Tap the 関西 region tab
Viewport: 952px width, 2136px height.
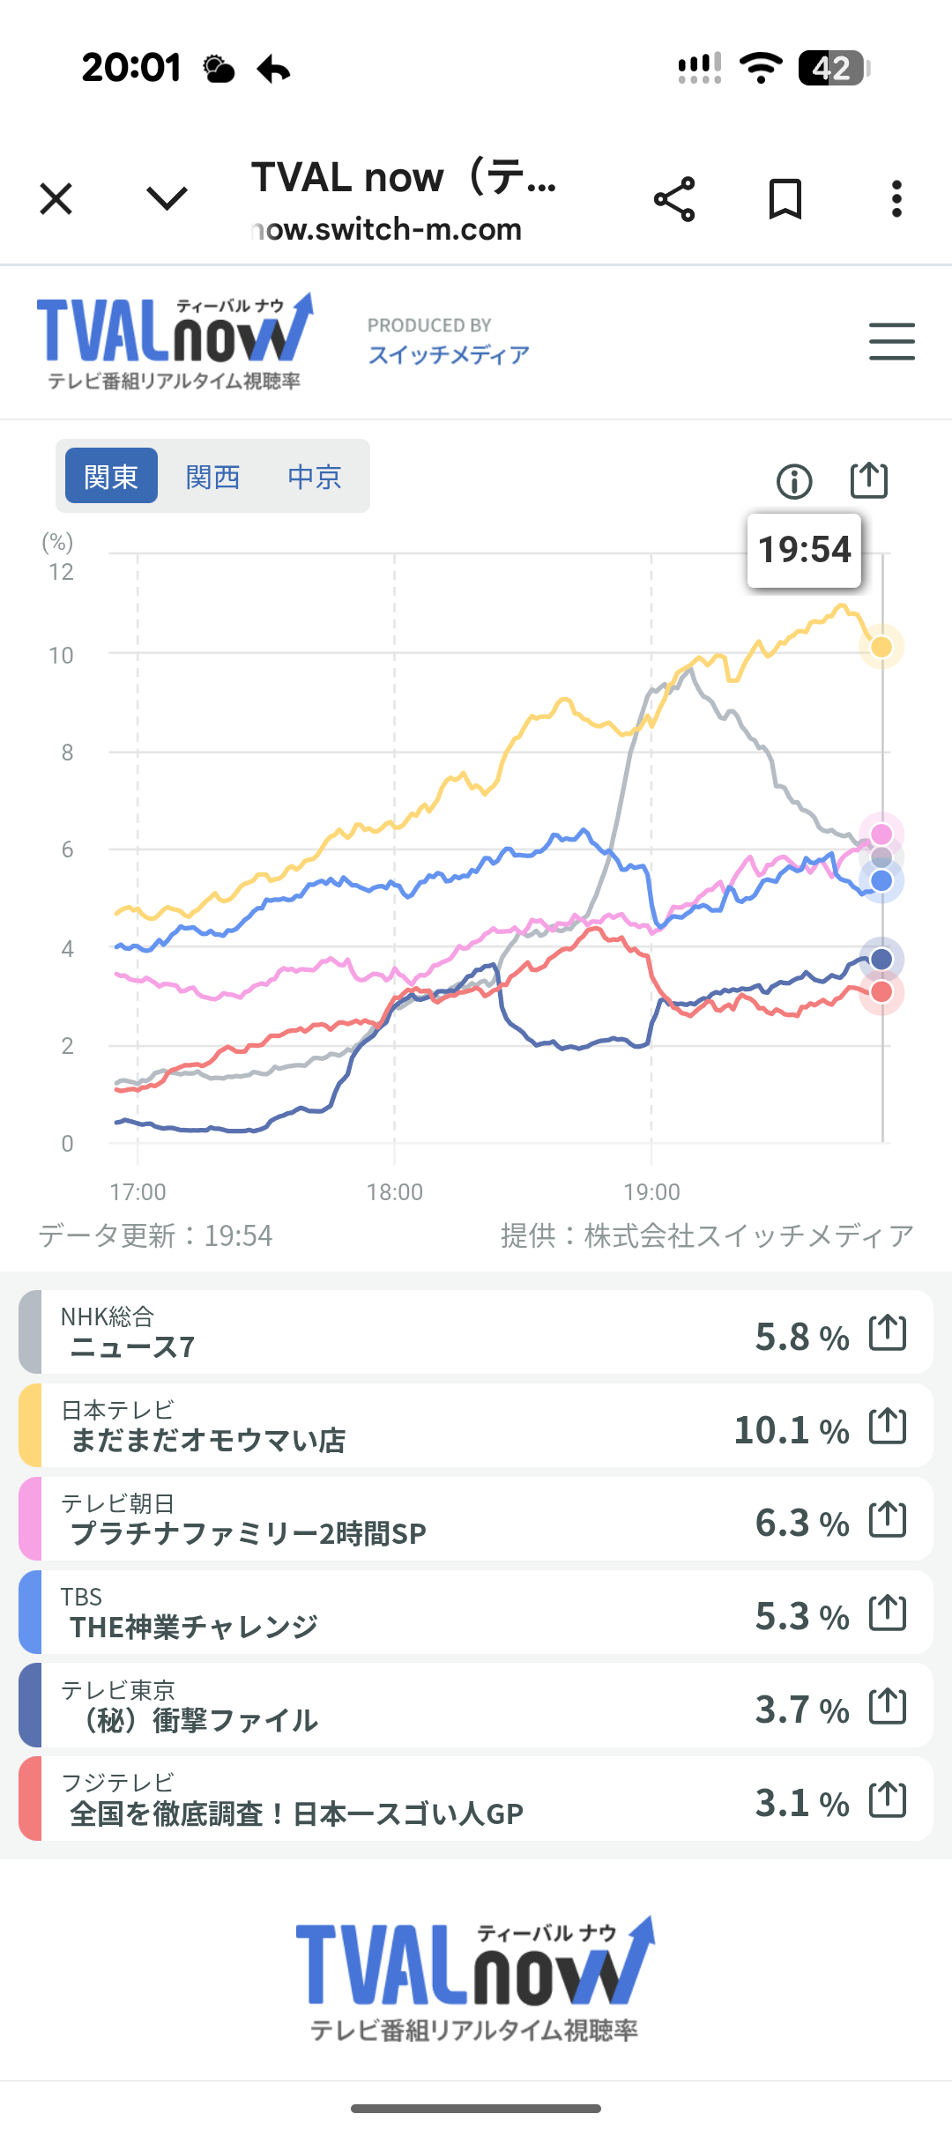(212, 477)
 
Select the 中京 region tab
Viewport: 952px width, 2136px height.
(315, 477)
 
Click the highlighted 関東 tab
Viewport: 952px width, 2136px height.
(111, 476)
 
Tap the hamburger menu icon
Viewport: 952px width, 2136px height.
(891, 341)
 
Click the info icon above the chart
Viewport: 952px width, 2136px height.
(794, 481)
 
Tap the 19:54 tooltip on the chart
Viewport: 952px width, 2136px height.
(804, 550)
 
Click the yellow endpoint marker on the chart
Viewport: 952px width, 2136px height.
(881, 647)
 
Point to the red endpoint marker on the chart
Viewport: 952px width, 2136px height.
(881, 992)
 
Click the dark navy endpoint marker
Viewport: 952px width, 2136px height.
(881, 959)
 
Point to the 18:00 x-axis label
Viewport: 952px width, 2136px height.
(395, 1192)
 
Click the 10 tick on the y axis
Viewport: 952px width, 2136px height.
(62, 656)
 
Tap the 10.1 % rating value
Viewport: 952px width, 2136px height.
(791, 1429)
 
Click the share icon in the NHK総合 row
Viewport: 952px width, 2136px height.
(888, 1332)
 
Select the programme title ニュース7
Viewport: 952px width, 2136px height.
(132, 1347)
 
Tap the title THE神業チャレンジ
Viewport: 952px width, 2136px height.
(194, 1627)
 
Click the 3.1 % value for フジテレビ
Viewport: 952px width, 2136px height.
(801, 1803)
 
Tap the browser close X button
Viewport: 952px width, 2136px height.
(56, 199)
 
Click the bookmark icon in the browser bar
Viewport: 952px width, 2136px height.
(785, 199)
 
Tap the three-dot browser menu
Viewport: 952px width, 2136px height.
(896, 199)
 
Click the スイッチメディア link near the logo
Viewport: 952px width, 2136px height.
(449, 355)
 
